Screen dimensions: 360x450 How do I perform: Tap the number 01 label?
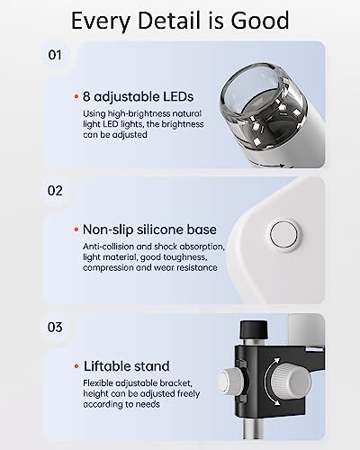(55, 55)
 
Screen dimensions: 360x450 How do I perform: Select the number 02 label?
(55, 191)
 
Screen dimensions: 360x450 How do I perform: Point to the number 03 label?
(55, 327)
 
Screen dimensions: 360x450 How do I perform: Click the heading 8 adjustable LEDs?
(139, 96)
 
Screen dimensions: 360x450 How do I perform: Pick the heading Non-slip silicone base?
(149, 229)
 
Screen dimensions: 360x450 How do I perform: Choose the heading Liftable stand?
(126, 366)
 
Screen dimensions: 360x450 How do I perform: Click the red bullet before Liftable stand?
(76, 366)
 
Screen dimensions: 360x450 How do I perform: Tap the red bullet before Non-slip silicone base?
(76, 229)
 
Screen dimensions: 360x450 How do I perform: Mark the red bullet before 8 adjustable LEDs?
(76, 97)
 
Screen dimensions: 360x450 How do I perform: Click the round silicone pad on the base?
(283, 235)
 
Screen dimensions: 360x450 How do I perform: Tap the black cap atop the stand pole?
(254, 329)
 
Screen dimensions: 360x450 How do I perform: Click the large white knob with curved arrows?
(290, 382)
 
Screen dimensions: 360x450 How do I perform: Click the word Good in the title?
(260, 20)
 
